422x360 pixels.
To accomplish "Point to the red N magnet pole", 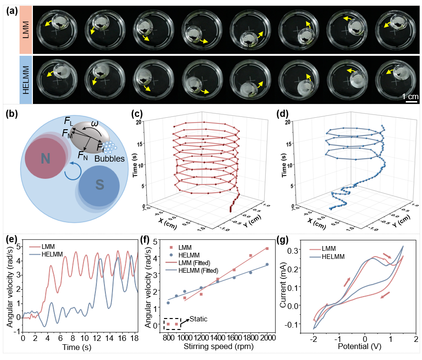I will click(x=45, y=159).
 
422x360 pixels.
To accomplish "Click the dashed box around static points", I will click(x=172, y=324).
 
